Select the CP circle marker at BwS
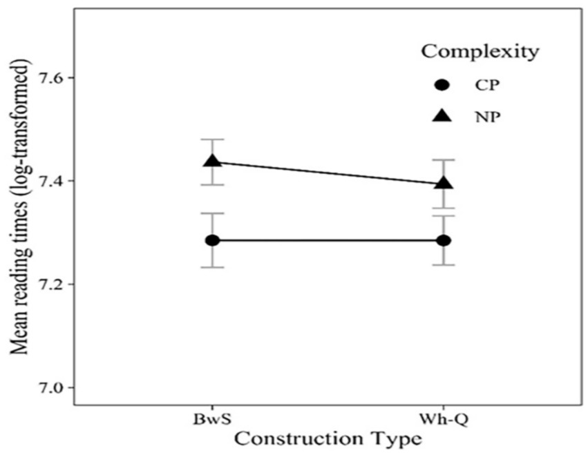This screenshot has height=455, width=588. (212, 240)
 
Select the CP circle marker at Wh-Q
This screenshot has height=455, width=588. (443, 240)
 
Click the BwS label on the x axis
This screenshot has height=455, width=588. (212, 419)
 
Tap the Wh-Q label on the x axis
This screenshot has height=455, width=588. (443, 419)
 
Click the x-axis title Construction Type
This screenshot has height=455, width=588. (328, 438)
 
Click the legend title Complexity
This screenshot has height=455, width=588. (480, 52)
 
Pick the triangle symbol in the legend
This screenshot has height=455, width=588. (442, 117)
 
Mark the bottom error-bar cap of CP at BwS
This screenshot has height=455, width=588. (212, 267)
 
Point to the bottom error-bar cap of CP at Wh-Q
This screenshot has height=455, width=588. (443, 265)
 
